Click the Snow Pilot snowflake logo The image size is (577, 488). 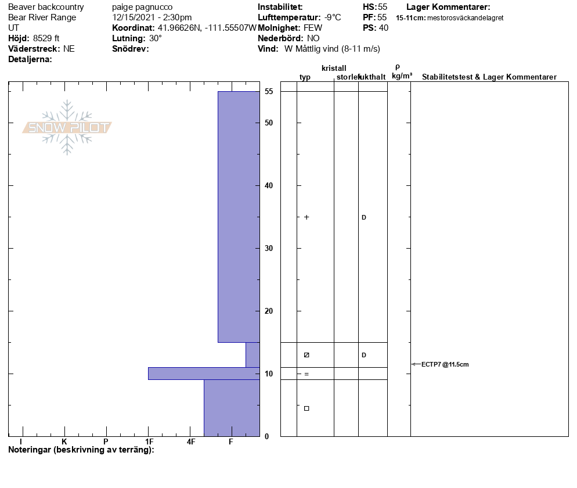click(67, 127)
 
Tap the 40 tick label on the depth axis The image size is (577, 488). click(269, 186)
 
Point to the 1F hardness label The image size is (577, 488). click(149, 442)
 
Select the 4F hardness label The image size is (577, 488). click(190, 442)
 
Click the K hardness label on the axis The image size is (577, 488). click(64, 442)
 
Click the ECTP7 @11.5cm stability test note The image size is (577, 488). click(445, 364)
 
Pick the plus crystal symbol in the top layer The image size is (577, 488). click(306, 217)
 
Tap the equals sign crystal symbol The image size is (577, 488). click(306, 374)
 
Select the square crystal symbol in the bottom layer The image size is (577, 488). click(306, 408)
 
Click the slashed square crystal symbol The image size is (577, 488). click(306, 355)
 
